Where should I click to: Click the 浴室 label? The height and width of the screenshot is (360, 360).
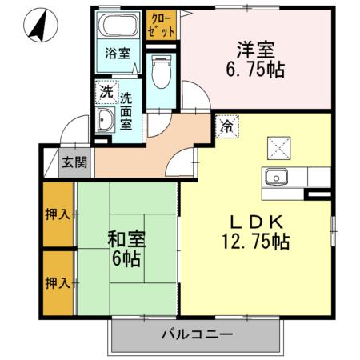pos(118,55)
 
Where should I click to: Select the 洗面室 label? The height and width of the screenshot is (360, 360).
pos(127,112)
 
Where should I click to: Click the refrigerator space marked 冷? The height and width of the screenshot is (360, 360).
pos(226,126)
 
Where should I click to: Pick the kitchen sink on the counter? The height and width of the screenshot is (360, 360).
pos(278,176)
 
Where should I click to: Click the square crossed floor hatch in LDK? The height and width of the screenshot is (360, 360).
pos(279,146)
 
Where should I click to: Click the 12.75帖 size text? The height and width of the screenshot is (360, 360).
pos(257,241)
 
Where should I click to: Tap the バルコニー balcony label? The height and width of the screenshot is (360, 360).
pos(196,334)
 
